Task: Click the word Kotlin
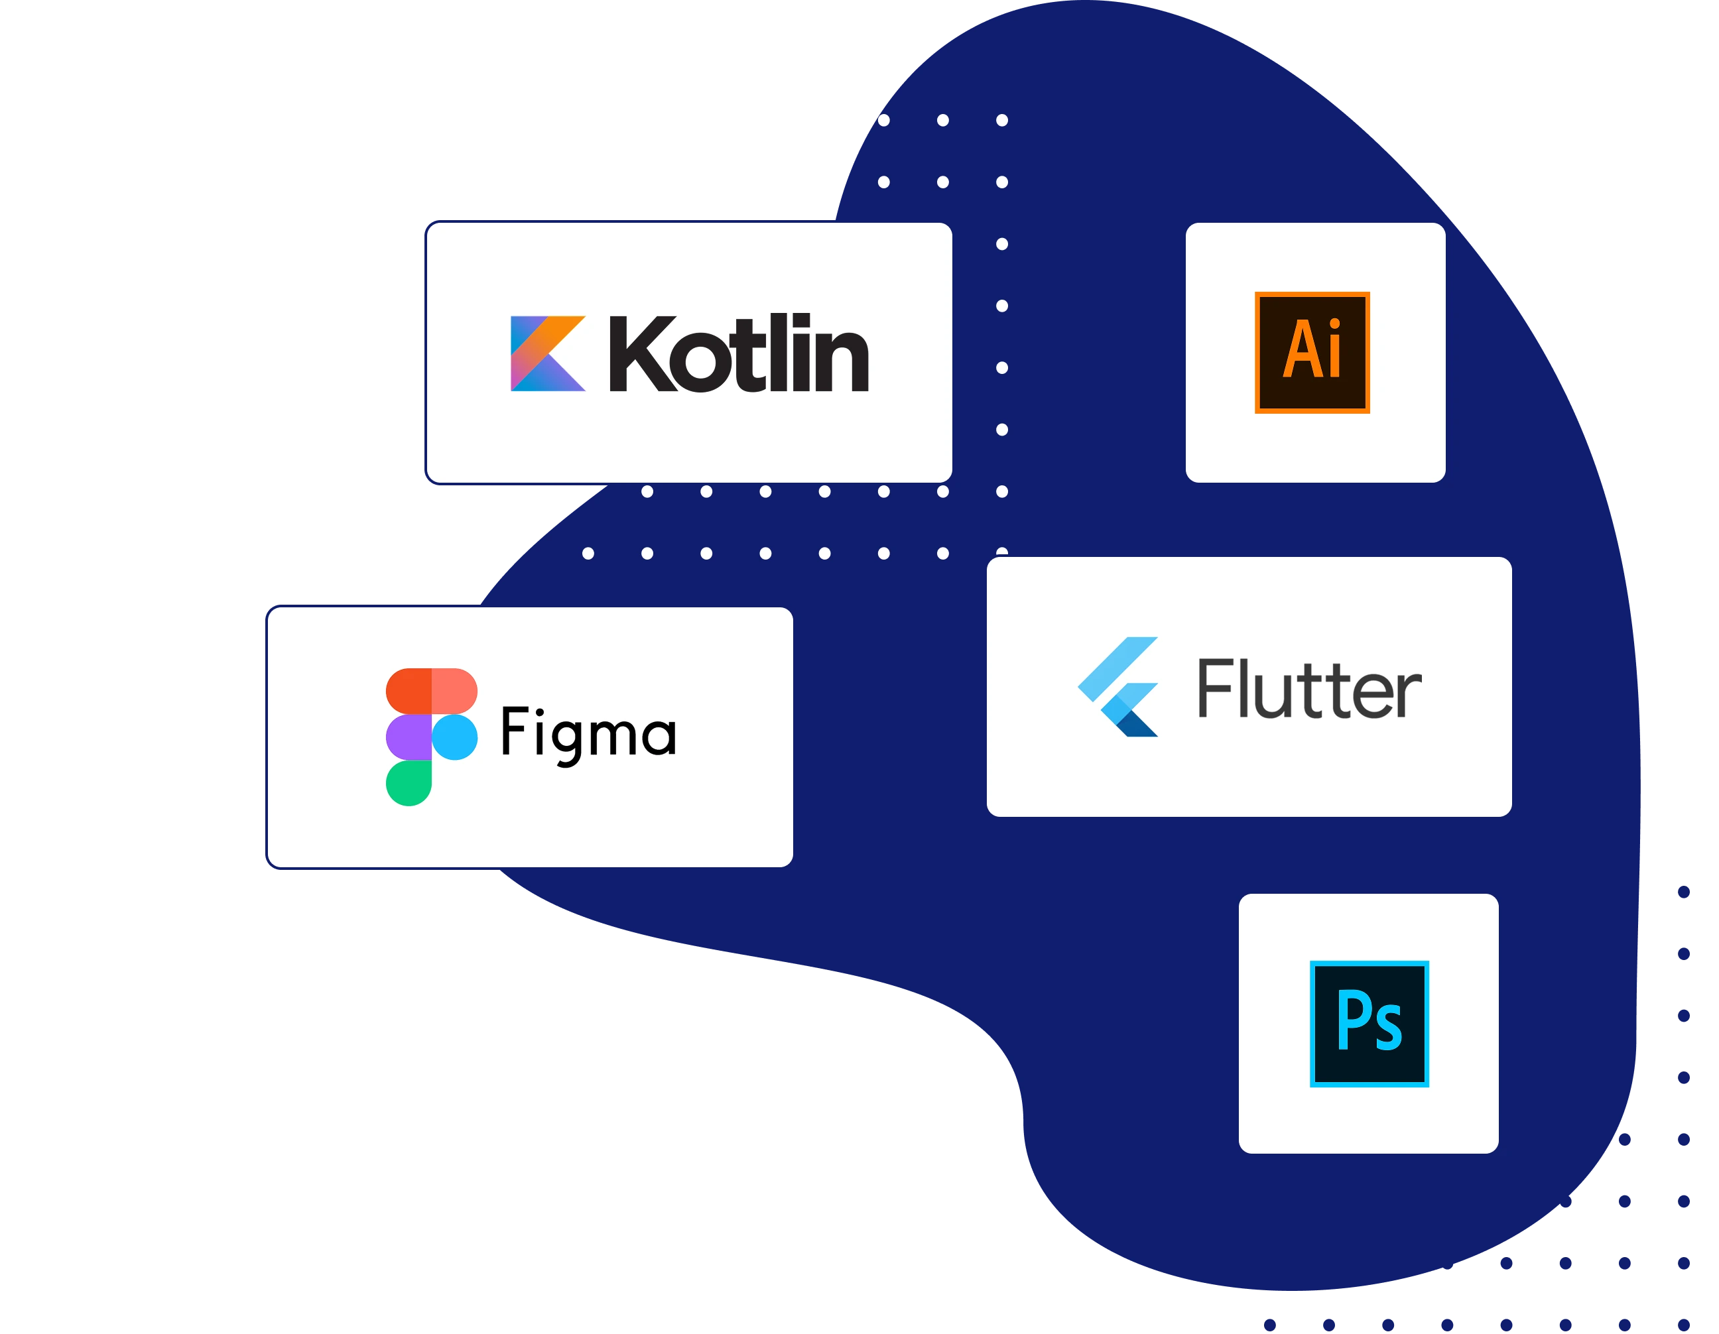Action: point(738,353)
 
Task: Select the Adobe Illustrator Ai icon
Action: point(1312,352)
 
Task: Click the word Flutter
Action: point(1309,690)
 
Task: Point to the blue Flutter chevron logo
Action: point(1118,686)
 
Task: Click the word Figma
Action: point(588,733)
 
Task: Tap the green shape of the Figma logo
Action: point(409,782)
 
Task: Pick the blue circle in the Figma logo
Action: point(455,737)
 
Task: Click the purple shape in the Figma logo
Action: point(409,737)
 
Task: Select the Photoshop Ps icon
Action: point(1369,1023)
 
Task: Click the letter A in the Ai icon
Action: point(1301,349)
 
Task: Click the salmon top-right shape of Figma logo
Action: point(454,690)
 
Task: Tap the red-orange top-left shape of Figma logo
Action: point(409,690)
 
